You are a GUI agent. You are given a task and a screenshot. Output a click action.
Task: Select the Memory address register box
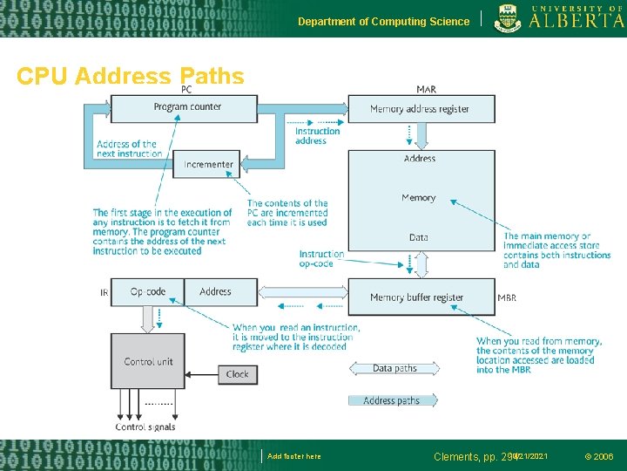click(420, 109)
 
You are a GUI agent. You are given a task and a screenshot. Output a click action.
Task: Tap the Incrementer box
click(208, 164)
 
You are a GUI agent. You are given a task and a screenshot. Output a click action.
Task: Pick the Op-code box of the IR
click(147, 292)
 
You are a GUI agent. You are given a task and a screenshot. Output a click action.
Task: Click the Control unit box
click(148, 362)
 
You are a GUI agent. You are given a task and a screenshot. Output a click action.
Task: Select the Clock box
click(237, 374)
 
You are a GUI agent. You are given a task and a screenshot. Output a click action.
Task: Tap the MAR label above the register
click(426, 90)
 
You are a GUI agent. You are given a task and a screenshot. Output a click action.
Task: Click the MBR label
click(507, 298)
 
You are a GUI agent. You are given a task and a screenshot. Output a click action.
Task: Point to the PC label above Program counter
click(186, 90)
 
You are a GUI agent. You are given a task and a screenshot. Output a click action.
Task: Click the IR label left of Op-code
click(104, 293)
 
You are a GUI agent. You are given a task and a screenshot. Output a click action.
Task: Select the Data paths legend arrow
click(395, 368)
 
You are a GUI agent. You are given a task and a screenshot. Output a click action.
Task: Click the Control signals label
click(145, 427)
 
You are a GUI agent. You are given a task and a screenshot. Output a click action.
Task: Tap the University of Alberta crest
click(509, 18)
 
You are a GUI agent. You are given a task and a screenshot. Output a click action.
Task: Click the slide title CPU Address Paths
click(131, 77)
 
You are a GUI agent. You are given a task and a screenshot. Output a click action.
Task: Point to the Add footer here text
click(294, 456)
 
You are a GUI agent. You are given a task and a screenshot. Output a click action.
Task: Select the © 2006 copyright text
click(598, 456)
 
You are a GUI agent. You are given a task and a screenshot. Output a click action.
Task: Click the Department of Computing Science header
click(383, 21)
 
